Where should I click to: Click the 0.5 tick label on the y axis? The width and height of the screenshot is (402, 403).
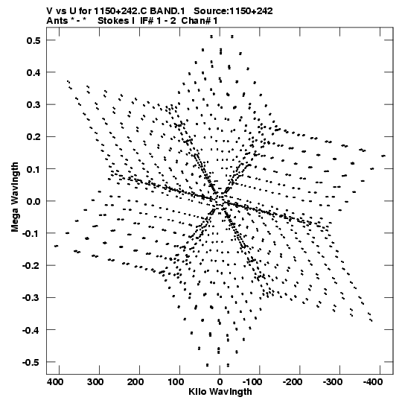pos(33,40)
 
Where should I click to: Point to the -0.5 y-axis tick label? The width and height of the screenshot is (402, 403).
pos(31,362)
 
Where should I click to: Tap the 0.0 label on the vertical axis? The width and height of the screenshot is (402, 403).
pos(33,201)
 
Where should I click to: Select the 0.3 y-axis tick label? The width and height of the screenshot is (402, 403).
pos(33,105)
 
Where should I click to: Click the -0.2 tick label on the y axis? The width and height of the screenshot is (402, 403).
pos(31,265)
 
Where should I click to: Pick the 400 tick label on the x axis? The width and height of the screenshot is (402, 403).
pos(55,382)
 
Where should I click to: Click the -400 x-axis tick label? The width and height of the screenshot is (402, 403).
pos(373,382)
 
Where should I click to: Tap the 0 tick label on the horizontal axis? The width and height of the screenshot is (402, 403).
pos(220,382)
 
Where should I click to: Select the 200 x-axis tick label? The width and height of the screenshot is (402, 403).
pos(135,382)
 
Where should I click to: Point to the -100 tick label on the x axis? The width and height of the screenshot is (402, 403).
pos(252,382)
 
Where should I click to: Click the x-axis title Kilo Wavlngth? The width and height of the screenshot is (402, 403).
pos(220,392)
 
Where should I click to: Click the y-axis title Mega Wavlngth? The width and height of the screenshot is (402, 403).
pos(15,197)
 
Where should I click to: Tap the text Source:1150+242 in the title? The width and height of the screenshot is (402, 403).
pos(233,11)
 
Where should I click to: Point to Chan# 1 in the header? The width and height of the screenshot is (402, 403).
pos(200,21)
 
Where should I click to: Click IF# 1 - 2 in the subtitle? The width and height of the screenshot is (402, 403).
pos(158,21)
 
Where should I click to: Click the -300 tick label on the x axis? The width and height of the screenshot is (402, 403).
pos(333,382)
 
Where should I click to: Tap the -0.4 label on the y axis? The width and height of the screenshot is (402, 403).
pos(31,330)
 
